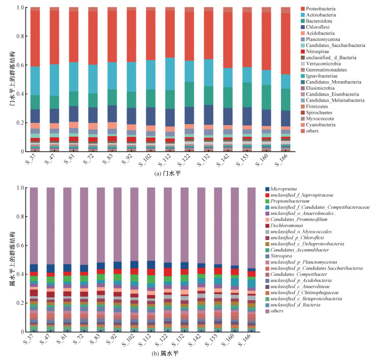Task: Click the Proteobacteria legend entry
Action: pos(327,9)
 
